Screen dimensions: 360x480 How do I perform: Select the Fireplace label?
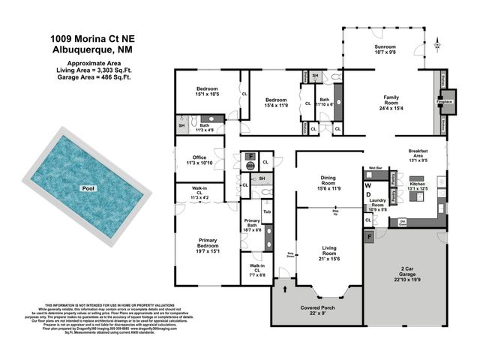(x=444, y=100)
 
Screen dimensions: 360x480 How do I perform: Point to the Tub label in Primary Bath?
(x=267, y=211)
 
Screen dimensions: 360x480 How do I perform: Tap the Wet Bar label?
(x=376, y=168)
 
